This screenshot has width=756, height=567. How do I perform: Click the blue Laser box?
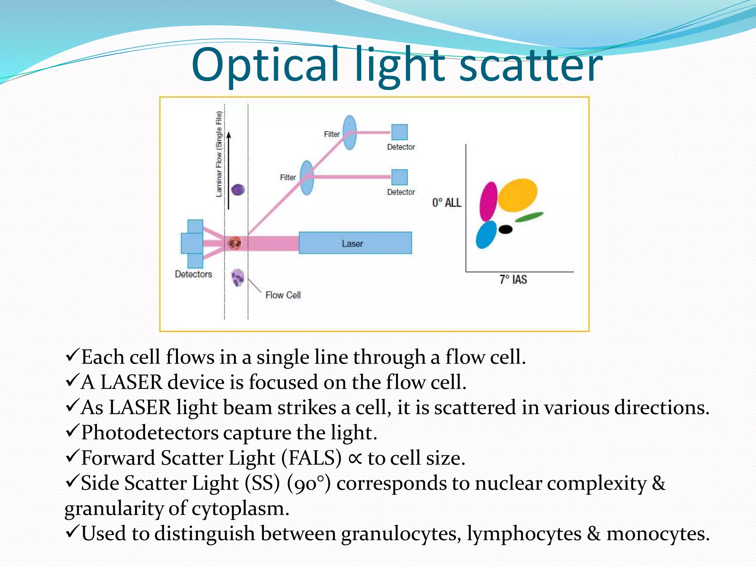click(355, 243)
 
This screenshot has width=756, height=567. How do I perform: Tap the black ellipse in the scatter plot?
click(505, 229)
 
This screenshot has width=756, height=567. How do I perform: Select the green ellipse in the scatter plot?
click(529, 217)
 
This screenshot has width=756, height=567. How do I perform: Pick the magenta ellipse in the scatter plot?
click(488, 202)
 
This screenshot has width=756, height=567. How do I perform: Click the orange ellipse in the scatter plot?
click(518, 195)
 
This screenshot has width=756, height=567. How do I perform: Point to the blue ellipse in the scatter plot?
click(486, 235)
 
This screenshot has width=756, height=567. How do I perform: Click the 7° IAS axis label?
click(513, 279)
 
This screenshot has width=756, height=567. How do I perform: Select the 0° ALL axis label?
click(447, 203)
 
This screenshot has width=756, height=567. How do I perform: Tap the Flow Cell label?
click(283, 295)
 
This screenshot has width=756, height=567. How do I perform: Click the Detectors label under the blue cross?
click(193, 274)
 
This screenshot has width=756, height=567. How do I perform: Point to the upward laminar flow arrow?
click(229, 170)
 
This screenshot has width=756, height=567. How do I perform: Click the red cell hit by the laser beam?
click(234, 243)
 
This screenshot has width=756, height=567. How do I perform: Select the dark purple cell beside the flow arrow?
click(238, 190)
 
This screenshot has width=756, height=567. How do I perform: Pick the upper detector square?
click(399, 132)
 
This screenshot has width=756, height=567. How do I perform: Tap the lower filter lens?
click(307, 178)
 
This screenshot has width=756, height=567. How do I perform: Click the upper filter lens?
click(350, 133)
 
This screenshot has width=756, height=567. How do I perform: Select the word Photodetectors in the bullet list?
click(149, 433)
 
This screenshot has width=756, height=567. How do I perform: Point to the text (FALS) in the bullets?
click(311, 458)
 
